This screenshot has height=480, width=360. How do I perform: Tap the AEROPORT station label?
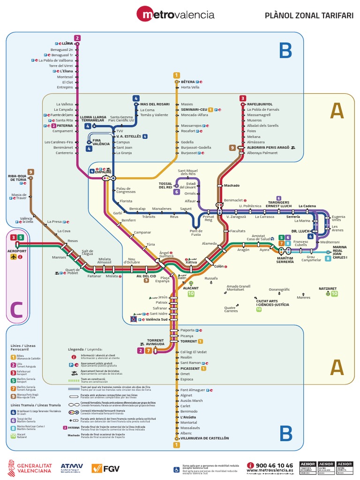pyautogui.click(x=17, y=251)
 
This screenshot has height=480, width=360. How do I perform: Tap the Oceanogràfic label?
pyautogui.click(x=279, y=289)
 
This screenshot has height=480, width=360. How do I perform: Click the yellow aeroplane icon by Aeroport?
pyautogui.click(x=13, y=257)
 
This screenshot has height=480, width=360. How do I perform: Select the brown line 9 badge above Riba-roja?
pyautogui.click(x=31, y=172)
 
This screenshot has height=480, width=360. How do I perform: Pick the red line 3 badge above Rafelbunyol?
pyautogui.click(x=242, y=98)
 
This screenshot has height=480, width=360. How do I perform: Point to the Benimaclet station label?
pyautogui.click(x=233, y=200)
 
